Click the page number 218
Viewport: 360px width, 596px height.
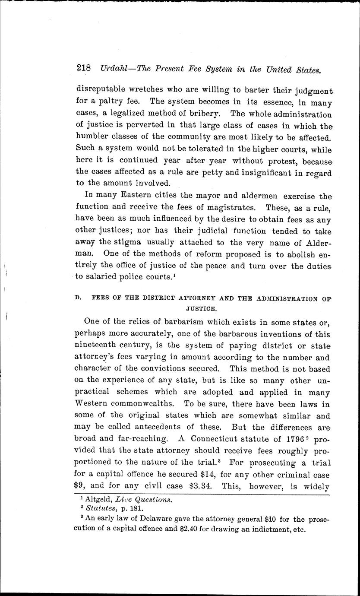click(83, 68)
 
